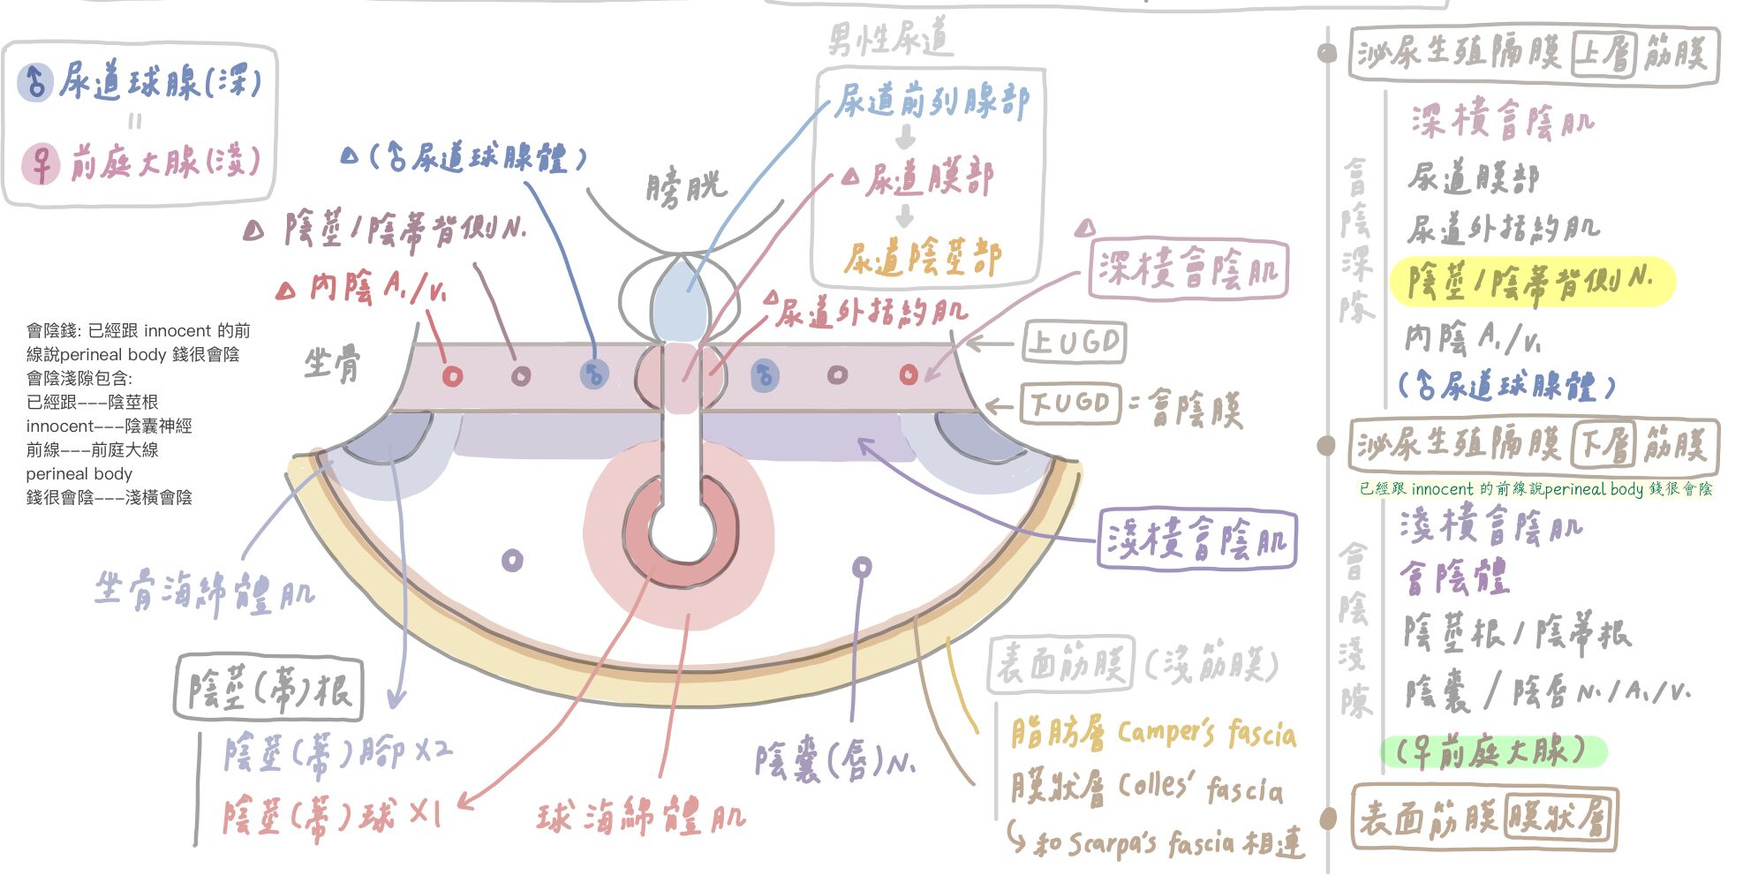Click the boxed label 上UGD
(1075, 342)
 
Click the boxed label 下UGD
(1069, 404)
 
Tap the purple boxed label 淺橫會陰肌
(1196, 539)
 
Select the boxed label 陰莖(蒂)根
(269, 688)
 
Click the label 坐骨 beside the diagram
(332, 363)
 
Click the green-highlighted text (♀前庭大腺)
(1492, 751)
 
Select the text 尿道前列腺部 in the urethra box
(932, 102)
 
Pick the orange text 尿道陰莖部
(922, 258)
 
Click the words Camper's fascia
(1206, 733)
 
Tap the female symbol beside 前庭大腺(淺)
(41, 164)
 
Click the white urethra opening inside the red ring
(682, 531)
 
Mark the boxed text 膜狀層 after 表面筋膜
(1558, 818)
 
